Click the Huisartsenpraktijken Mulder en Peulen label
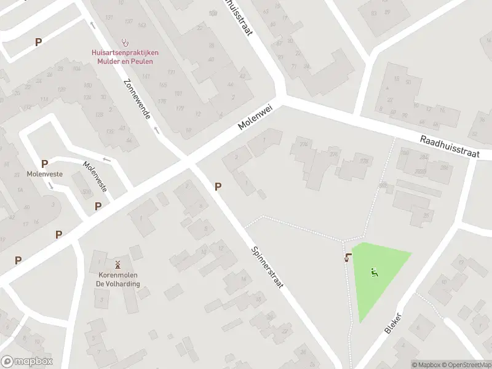(125, 57)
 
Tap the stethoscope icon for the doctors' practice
(126, 42)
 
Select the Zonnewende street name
(137, 98)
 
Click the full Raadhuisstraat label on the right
(449, 147)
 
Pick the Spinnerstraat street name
(267, 269)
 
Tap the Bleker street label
(393, 322)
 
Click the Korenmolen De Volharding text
(117, 280)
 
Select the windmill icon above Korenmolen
(117, 264)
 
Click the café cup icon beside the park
(348, 258)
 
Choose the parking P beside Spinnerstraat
(218, 186)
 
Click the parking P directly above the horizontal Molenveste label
(44, 164)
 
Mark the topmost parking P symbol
(39, 42)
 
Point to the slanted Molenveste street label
(95, 176)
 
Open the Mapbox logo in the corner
(26, 362)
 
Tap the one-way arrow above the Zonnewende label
(92, 25)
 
